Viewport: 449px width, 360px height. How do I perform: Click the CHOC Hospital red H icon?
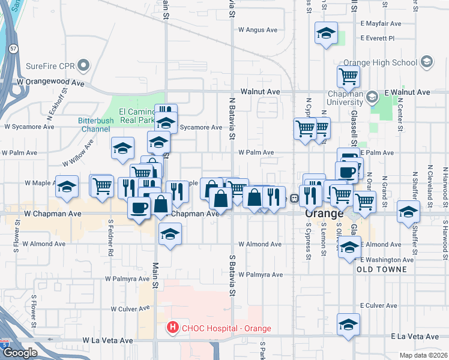pyautogui.click(x=173, y=328)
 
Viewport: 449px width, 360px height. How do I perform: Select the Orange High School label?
pyautogui.click(x=381, y=62)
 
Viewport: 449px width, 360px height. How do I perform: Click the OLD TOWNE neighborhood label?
pyautogui.click(x=382, y=269)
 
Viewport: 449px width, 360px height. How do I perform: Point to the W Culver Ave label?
pyautogui.click(x=130, y=309)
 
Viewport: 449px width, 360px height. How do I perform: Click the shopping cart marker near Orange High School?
pyautogui.click(x=348, y=77)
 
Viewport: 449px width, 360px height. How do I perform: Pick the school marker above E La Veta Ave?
pyautogui.click(x=348, y=324)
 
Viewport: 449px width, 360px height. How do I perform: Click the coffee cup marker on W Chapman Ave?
pyautogui.click(x=139, y=208)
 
